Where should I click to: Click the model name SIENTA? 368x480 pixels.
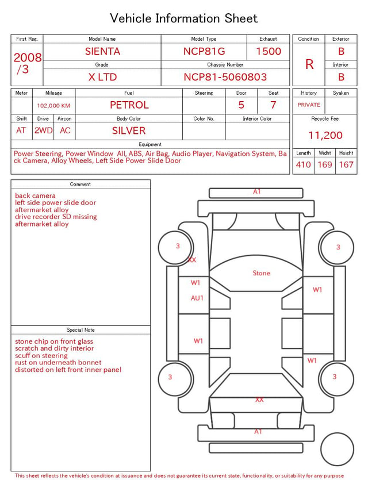102,51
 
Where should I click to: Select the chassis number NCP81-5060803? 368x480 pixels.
225,77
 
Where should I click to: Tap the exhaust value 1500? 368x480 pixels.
269,51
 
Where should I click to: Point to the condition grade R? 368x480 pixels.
309,64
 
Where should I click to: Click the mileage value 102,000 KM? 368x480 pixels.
53,106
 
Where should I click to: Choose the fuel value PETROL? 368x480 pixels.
129,105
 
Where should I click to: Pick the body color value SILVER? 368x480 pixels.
129,130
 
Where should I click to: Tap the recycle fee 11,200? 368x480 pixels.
325,135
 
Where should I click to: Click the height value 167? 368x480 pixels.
346,164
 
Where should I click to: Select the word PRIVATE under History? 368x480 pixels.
309,105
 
